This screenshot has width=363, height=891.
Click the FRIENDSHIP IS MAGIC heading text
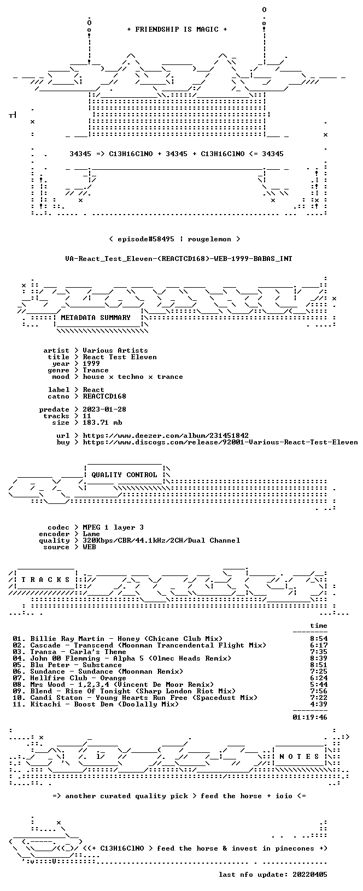click(x=177, y=29)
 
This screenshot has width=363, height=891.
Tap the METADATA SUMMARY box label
click(x=96, y=318)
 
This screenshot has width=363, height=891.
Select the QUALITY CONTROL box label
click(x=124, y=475)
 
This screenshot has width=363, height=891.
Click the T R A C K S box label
click(x=45, y=580)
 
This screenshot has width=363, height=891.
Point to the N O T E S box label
click(x=299, y=757)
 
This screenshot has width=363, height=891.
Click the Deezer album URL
click(x=166, y=436)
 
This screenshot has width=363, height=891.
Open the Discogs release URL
click(x=220, y=442)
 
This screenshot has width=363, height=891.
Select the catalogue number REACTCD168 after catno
click(x=104, y=396)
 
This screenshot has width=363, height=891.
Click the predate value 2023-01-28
click(x=104, y=409)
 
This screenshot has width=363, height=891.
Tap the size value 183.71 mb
click(x=102, y=423)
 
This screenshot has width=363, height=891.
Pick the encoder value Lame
click(x=91, y=534)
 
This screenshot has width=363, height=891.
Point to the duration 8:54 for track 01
click(x=319, y=639)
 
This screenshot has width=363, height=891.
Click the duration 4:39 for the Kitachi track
click(x=319, y=704)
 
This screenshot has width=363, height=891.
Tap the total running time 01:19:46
click(x=310, y=717)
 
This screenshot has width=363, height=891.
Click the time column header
click(x=319, y=626)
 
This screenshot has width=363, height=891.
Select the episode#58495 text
click(x=146, y=239)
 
